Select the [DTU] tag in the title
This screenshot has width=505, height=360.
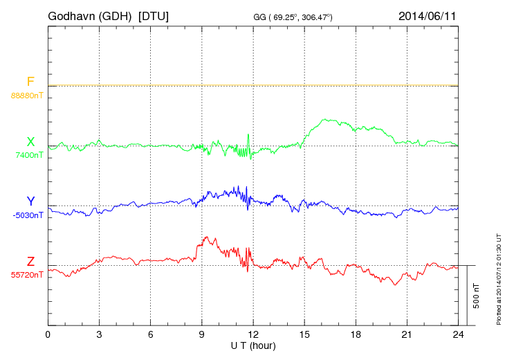153,15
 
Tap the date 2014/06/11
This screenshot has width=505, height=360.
428,15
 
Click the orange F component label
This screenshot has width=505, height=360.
30,82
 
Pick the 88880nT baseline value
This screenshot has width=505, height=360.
26,95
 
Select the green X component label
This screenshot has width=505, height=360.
30,143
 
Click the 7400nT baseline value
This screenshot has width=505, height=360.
28,155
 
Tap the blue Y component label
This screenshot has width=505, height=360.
30,201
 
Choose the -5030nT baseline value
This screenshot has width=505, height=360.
28,215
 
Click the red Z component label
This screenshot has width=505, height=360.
30,262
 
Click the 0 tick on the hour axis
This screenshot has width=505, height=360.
48,334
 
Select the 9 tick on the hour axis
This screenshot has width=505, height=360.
201,334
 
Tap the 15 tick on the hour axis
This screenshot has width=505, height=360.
304,334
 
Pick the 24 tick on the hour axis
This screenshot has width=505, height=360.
457,334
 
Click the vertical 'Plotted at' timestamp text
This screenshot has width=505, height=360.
498,280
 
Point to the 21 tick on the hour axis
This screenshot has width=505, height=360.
406,334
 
